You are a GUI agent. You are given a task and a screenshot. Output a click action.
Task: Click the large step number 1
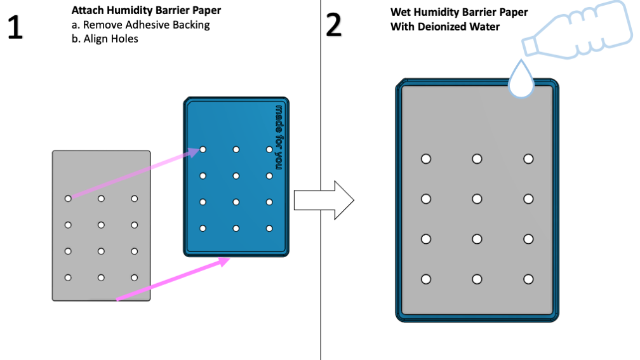pyautogui.click(x=15, y=27)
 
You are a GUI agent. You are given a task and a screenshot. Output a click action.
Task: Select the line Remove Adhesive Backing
pyautogui.click(x=140, y=25)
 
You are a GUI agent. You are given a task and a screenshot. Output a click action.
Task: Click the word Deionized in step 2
pyautogui.click(x=450, y=27)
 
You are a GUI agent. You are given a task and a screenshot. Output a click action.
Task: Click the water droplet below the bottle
pyautogui.click(x=522, y=81)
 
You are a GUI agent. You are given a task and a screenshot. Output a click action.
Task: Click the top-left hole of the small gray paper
pyautogui.click(x=68, y=199)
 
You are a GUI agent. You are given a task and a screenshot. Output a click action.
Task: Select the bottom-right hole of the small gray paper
pyautogui.click(x=134, y=277)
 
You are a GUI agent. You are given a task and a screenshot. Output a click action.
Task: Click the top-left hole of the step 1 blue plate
pyautogui.click(x=203, y=150)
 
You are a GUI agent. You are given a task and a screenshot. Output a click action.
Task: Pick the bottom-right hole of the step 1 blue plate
pyautogui.click(x=269, y=228)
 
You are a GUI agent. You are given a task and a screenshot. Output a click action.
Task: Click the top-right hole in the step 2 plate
pyautogui.click(x=528, y=159)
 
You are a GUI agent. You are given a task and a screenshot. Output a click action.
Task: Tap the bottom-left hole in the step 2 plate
pyautogui.click(x=426, y=279)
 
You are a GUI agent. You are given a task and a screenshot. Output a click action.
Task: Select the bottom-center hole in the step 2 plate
pyautogui.click(x=477, y=279)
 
